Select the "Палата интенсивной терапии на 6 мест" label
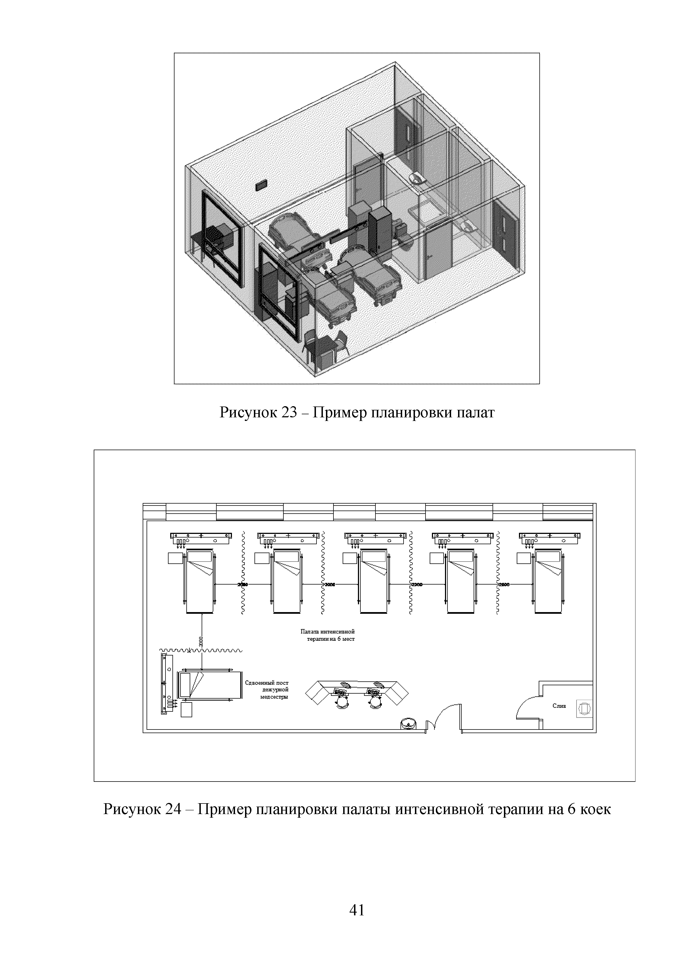[x=328, y=635]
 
